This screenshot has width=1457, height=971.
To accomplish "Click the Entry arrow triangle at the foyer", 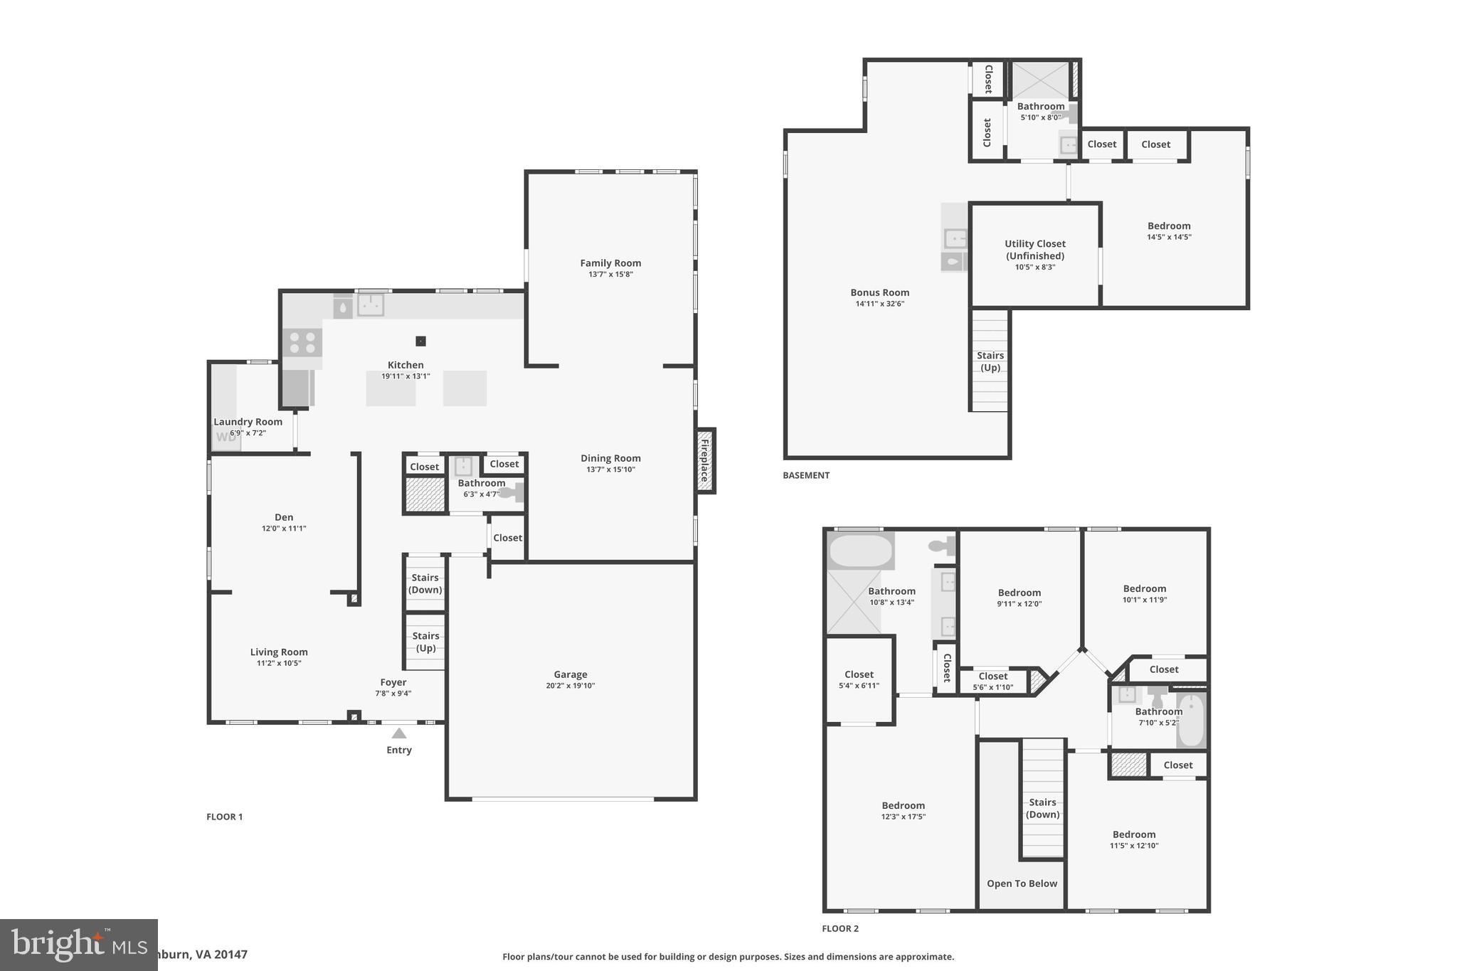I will tap(399, 733).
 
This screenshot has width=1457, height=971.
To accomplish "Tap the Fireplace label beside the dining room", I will tap(705, 460).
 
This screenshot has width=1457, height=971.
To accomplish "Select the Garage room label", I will tap(571, 674).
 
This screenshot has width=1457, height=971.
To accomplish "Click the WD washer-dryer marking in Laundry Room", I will tap(226, 437).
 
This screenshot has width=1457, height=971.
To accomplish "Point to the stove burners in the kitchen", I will tap(302, 342).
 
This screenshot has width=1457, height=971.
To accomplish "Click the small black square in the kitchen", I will tap(421, 341).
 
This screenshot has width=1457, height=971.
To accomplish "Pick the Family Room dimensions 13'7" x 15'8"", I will tap(610, 275).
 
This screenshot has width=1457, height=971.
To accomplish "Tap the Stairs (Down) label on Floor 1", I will tap(425, 583).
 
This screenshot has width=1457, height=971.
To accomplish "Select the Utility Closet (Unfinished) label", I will tap(1035, 250).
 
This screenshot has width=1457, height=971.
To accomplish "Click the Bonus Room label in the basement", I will tap(880, 292).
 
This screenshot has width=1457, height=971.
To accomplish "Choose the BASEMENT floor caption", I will tap(806, 475).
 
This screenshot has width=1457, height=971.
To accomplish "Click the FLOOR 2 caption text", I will tap(840, 928).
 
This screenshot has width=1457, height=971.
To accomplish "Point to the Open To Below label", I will tap(1022, 884).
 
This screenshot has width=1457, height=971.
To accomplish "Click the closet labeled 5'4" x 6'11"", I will tap(859, 679).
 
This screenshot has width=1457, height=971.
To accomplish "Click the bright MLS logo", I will tap(78, 945).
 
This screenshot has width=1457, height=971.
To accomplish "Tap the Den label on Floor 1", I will tap(284, 517).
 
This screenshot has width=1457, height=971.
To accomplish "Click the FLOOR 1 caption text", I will tap(225, 817).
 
